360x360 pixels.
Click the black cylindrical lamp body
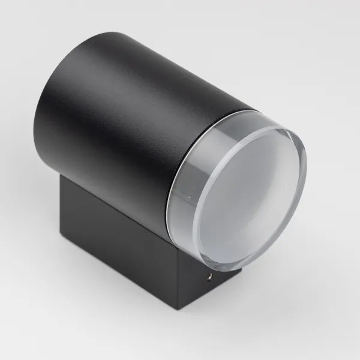(120, 102)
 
